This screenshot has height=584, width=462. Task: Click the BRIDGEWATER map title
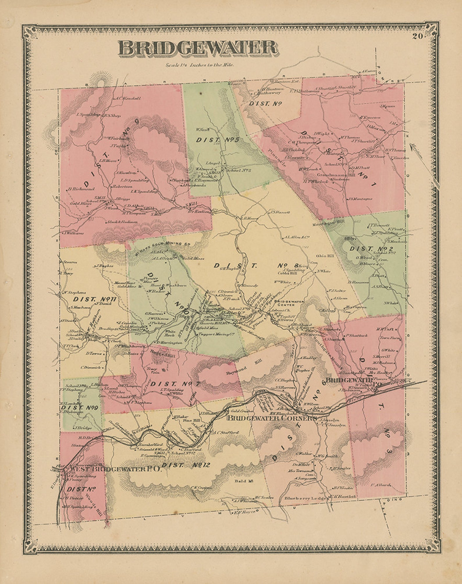coord(198,48)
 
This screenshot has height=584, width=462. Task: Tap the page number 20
coord(418,36)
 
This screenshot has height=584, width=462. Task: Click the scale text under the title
coord(200,65)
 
